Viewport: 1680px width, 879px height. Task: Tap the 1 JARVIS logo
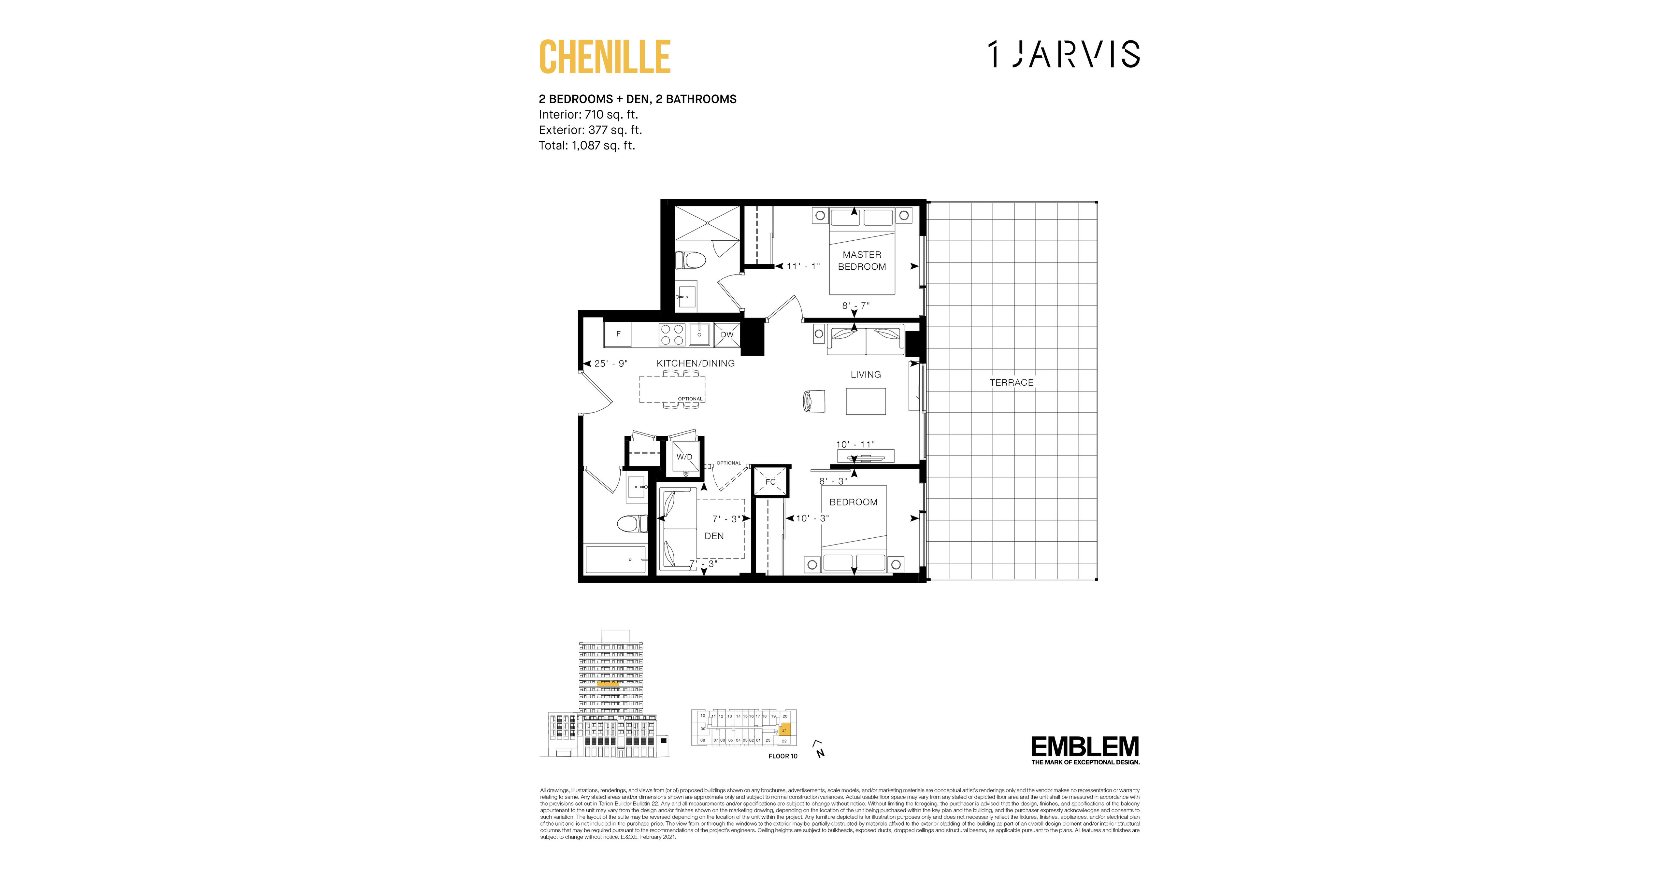pos(1064,54)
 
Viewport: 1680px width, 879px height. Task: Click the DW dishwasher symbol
pos(727,334)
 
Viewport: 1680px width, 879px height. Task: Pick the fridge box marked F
pos(618,334)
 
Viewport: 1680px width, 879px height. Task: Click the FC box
pos(770,482)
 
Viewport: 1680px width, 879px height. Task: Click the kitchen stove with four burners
pos(672,334)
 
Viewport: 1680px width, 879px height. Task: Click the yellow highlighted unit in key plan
pos(784,730)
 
